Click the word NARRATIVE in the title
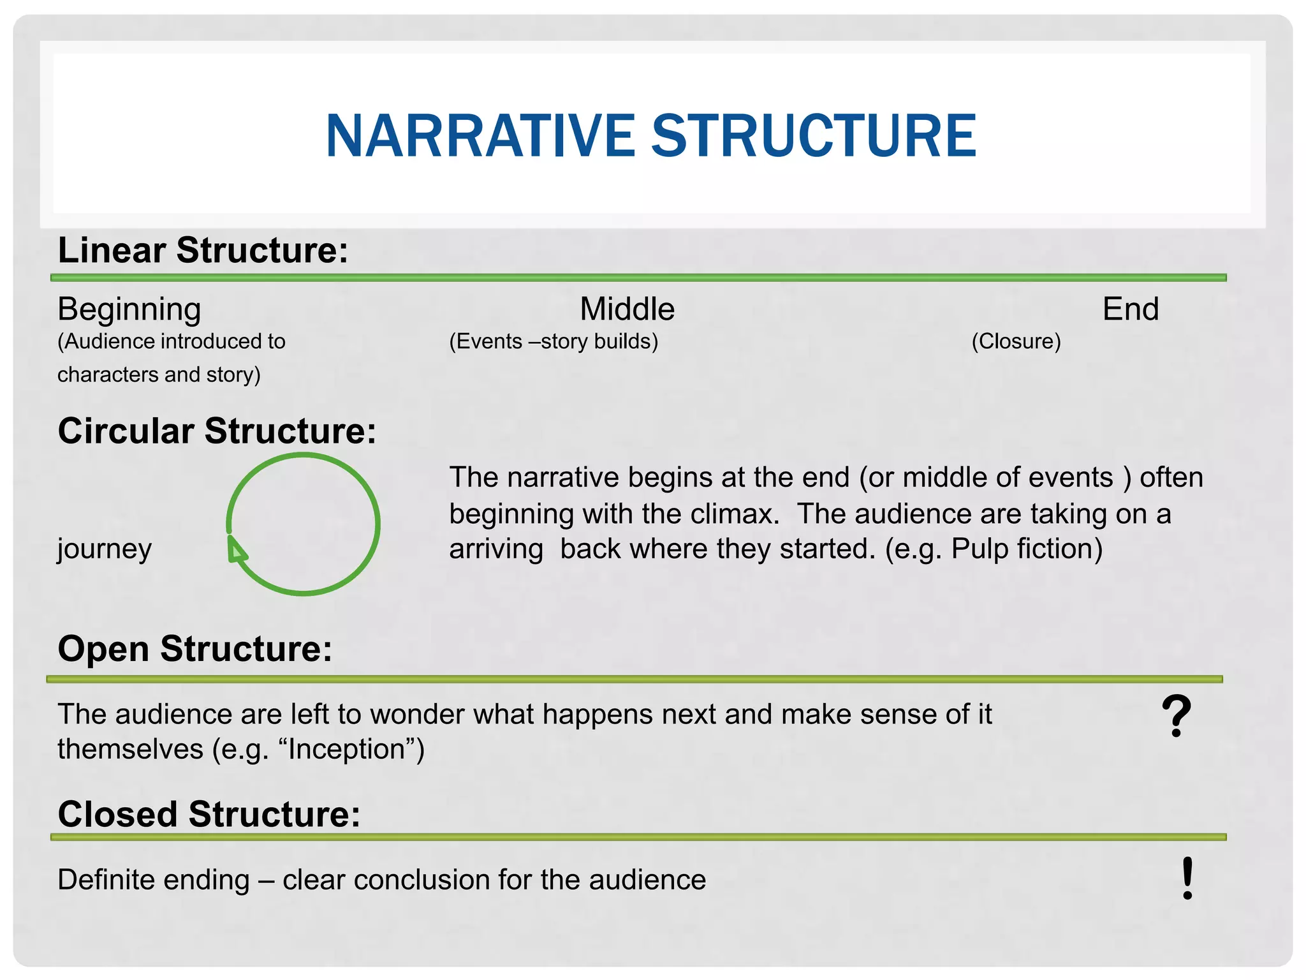[480, 136]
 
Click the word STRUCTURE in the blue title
[813, 136]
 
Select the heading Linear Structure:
[203, 250]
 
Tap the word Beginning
[129, 310]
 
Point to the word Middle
[627, 309]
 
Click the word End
[1130, 309]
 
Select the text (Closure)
[1016, 341]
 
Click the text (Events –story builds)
[554, 341]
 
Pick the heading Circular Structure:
[217, 431]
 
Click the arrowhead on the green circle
[236, 550]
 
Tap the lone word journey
[105, 549]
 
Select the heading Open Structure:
[194, 650]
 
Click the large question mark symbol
[1176, 717]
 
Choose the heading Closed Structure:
[209, 815]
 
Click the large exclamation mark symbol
[1187, 879]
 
